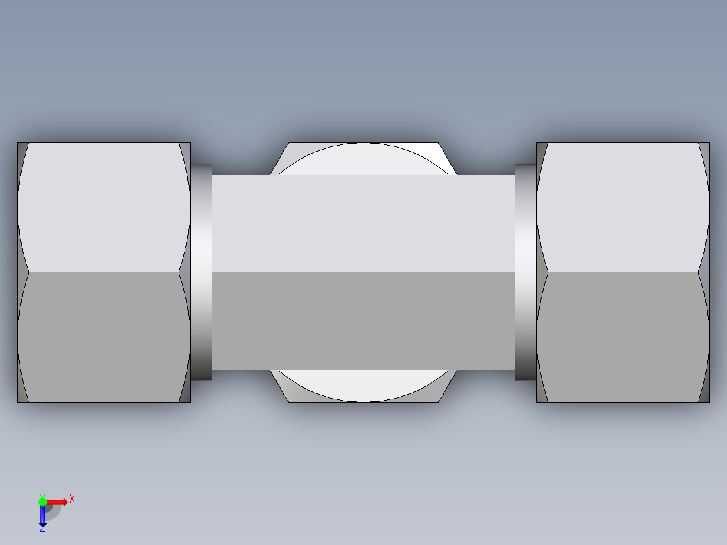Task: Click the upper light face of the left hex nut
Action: [103, 207]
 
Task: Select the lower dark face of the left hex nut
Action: [103, 337]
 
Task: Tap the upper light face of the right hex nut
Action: [622, 207]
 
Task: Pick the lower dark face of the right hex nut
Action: [622, 337]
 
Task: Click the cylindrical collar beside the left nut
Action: [202, 272]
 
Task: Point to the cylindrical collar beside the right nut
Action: [525, 272]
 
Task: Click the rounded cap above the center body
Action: [364, 159]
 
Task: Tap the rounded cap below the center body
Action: [364, 386]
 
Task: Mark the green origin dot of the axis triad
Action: [42, 501]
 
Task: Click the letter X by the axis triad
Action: [72, 499]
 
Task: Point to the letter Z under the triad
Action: [42, 529]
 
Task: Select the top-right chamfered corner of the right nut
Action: [705, 152]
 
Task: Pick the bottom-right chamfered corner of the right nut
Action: [705, 393]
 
